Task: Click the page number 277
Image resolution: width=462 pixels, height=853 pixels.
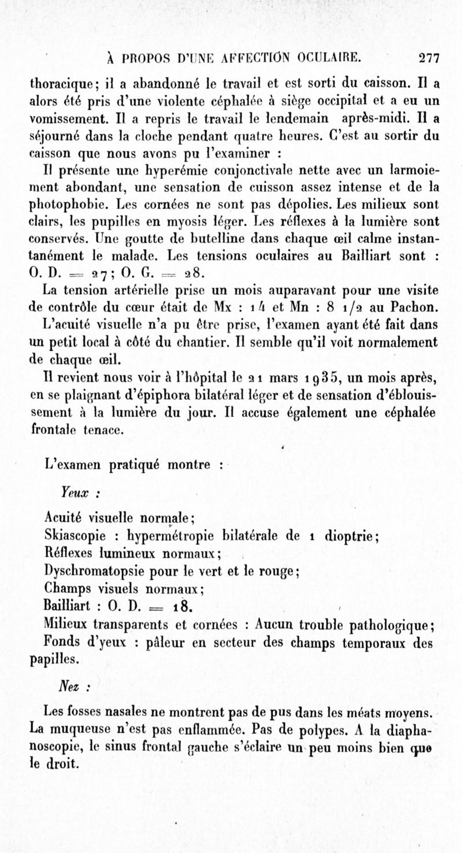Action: coord(430,58)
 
